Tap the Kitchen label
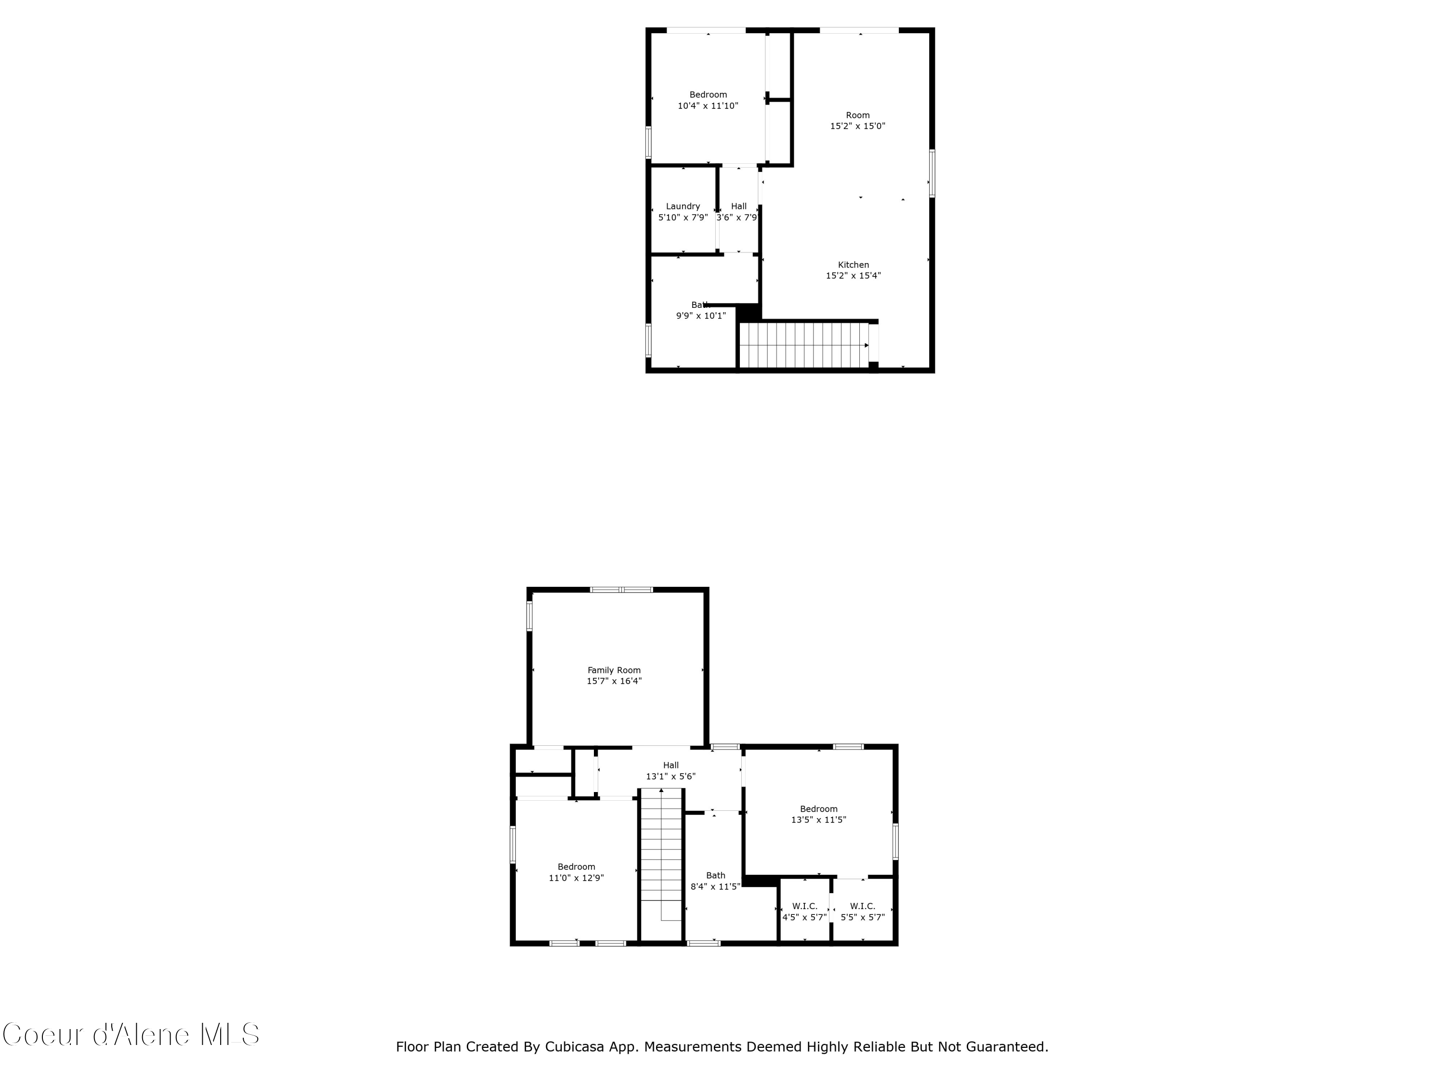pyautogui.click(x=853, y=264)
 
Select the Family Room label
pyautogui.click(x=614, y=670)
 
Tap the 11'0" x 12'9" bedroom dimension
pyautogui.click(x=576, y=877)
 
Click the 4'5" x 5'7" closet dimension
pyautogui.click(x=805, y=917)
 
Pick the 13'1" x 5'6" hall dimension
pyautogui.click(x=671, y=776)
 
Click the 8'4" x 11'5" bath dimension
pyautogui.click(x=715, y=886)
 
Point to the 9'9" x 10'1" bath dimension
pyautogui.click(x=701, y=316)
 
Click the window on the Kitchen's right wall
pyautogui.click(x=932, y=173)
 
